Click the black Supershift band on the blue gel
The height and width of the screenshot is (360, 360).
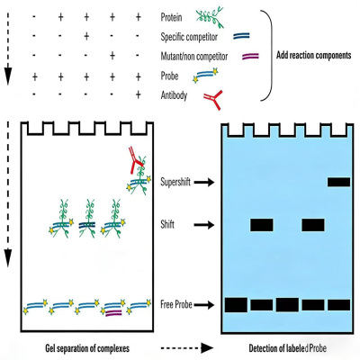pos(338,182)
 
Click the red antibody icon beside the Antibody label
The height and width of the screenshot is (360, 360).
pos(213,99)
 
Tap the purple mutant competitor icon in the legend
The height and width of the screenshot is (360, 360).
pos(250,56)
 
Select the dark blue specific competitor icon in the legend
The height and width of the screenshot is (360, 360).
pos(241,36)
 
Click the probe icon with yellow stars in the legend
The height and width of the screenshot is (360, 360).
pos(206,76)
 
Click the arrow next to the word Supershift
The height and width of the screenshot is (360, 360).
pos(204,182)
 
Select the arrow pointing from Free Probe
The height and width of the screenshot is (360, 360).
pos(204,305)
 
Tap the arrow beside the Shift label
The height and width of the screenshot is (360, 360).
pos(204,225)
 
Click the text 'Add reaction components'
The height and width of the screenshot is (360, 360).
pos(313,56)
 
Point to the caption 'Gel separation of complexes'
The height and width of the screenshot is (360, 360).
pos(87,348)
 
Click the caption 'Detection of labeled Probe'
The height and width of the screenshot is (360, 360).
pos(288,348)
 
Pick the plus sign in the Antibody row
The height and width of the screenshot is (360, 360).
pos(138,94)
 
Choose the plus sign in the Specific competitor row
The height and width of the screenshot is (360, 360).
pos(86,36)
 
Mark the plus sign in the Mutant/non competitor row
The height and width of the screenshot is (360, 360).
pos(112,56)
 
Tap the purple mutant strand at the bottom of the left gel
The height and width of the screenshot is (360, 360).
pos(113,313)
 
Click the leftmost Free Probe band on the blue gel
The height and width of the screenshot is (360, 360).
pos(236,305)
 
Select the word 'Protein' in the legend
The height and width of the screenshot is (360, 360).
pos(171,17)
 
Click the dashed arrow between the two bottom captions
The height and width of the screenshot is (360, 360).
pos(187,348)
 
